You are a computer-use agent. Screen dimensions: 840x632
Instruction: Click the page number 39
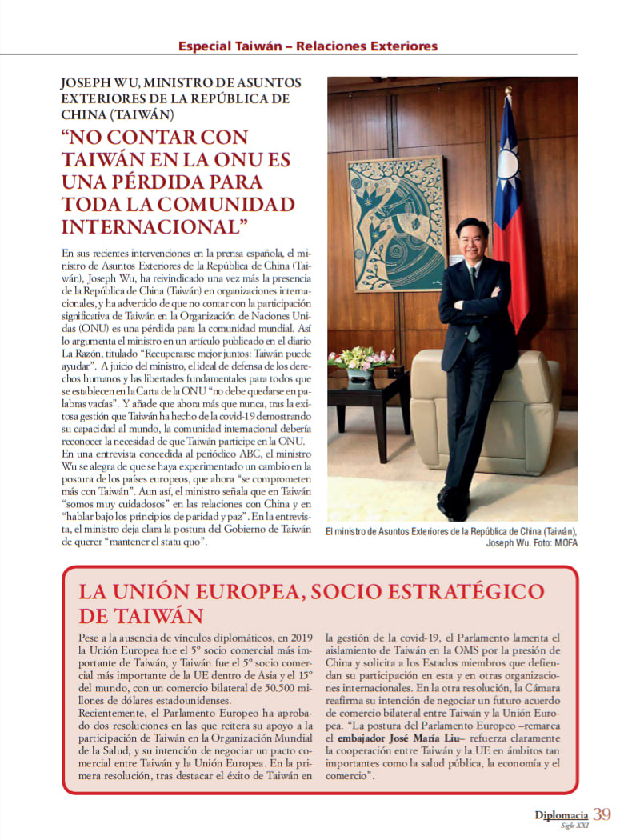[602, 814]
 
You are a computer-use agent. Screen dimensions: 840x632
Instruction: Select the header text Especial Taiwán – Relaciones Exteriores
[308, 46]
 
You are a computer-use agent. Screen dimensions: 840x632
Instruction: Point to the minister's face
[472, 240]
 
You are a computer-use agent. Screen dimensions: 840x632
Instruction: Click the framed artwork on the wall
[396, 222]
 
